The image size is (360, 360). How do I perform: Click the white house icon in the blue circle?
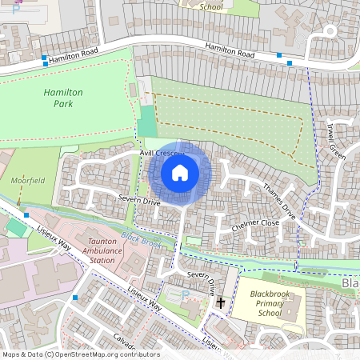click(180, 173)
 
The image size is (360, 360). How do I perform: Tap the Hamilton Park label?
click(64, 98)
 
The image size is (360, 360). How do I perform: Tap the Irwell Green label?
click(337, 141)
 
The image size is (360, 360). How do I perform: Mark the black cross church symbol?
click(221, 303)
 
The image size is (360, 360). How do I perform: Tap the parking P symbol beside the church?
click(186, 295)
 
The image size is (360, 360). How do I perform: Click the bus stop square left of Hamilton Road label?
click(44, 58)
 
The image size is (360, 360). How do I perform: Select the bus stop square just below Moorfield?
click(26, 214)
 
